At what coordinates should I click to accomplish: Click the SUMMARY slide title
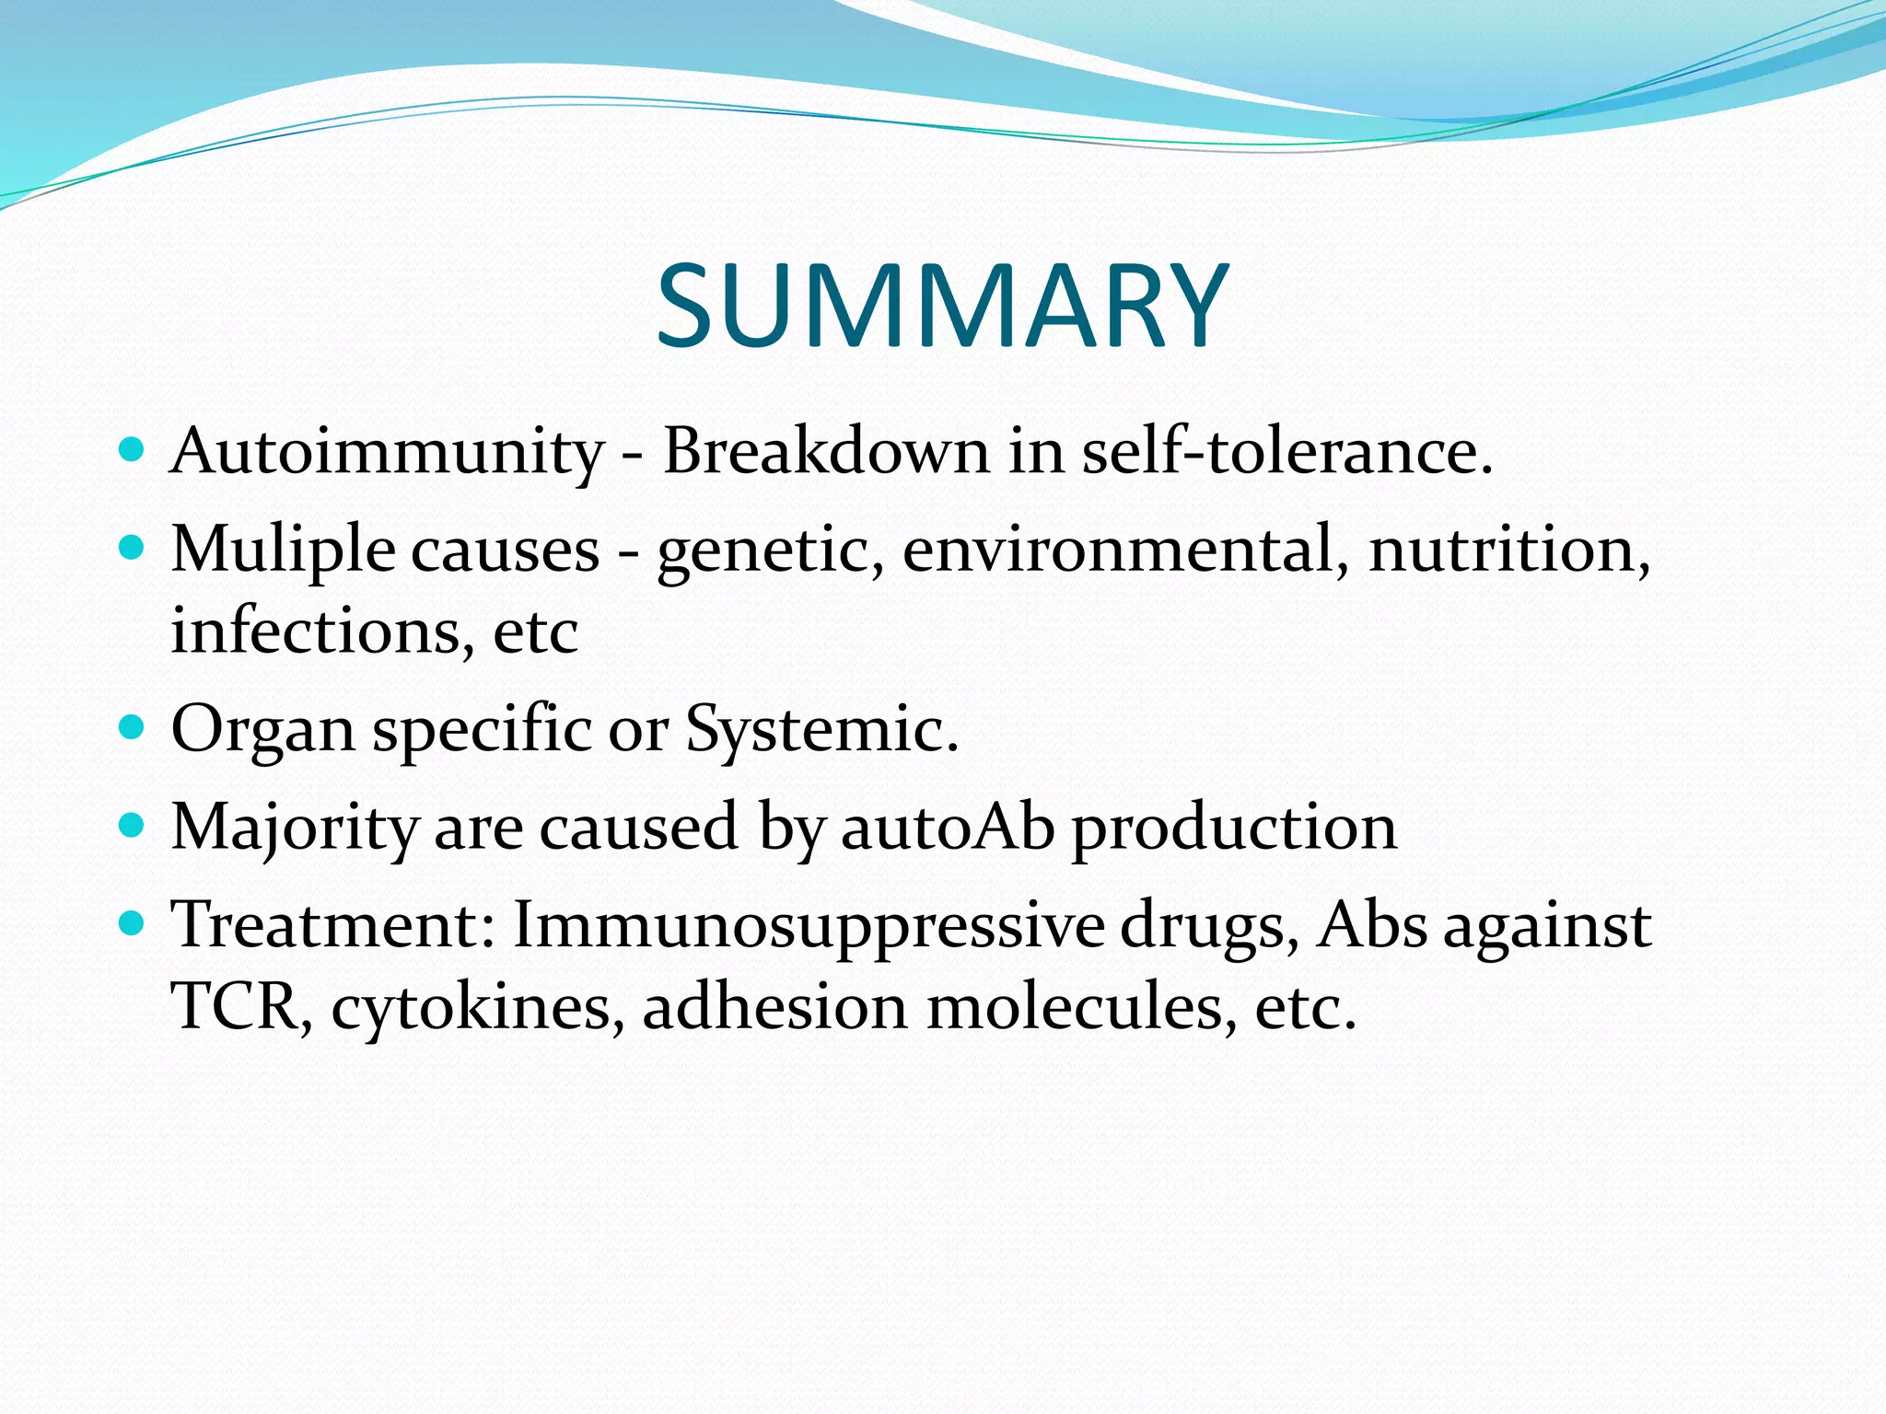point(942,306)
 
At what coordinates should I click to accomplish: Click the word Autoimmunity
point(387,453)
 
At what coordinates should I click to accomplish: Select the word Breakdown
point(825,451)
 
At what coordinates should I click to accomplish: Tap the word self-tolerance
point(1286,451)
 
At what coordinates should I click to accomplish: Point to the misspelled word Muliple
point(284,551)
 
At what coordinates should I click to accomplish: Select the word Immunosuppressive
point(809,926)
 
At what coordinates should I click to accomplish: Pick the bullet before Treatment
point(133,923)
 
